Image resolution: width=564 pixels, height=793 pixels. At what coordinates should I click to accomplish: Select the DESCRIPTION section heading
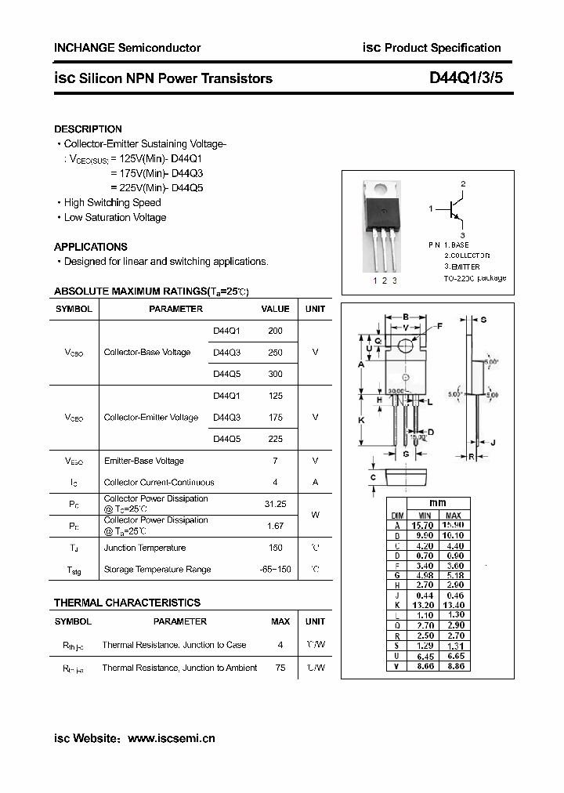[88, 129]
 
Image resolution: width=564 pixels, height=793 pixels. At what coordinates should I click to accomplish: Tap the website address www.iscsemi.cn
[171, 738]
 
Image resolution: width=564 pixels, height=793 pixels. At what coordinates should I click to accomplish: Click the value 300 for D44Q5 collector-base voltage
[275, 374]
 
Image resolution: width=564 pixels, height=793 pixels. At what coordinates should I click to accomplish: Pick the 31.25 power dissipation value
[275, 504]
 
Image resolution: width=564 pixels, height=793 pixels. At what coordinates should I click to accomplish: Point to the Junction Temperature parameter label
[145, 548]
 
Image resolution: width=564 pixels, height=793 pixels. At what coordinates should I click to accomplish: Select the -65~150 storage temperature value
[275, 570]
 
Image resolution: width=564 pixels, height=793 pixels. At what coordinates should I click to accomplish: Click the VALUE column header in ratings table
[275, 309]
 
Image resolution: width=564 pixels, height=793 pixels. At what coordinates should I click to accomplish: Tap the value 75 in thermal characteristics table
[280, 668]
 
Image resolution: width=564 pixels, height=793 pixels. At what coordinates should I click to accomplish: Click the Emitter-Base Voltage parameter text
[144, 461]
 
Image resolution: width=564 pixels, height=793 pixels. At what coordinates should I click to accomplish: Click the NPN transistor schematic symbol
[457, 209]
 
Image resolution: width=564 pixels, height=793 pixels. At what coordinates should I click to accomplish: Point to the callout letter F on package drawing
[439, 325]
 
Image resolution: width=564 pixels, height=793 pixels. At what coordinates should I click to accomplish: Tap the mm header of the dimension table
[437, 503]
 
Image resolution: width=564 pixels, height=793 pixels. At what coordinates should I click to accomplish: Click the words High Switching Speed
[112, 202]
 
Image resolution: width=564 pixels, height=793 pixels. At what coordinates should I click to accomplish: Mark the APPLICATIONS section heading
[91, 246]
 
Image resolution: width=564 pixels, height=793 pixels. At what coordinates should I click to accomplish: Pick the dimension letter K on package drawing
[361, 420]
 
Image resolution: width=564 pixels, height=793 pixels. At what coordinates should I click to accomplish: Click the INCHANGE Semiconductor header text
[127, 48]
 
